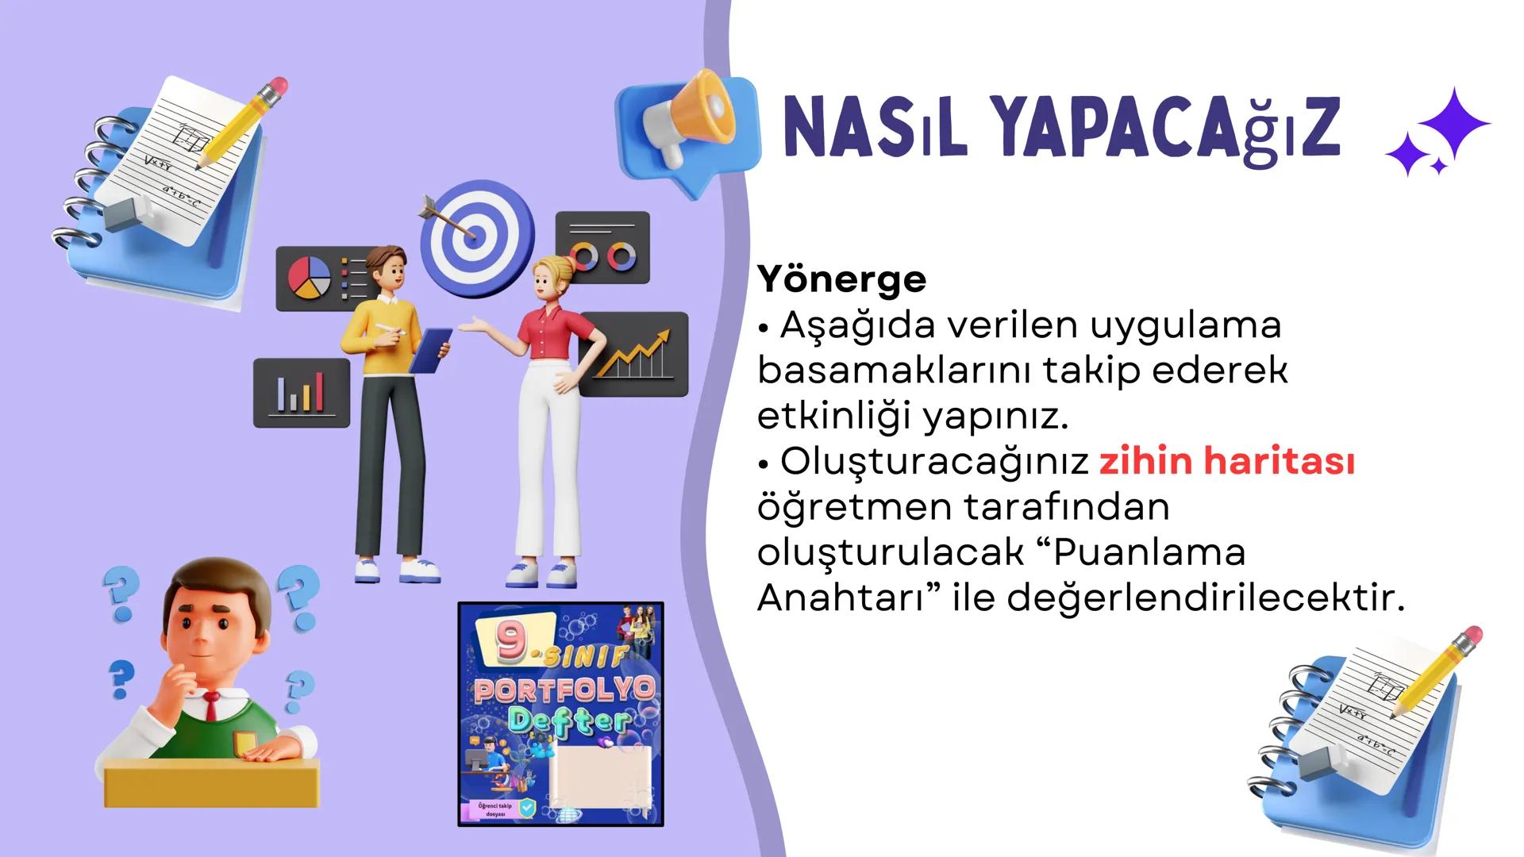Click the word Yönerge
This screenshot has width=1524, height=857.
pos(841,279)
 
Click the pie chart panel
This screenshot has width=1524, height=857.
pos(310,278)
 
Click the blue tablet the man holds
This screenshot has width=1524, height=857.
pos(433,350)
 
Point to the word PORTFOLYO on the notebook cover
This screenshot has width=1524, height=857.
pos(563,690)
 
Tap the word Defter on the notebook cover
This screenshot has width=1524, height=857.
pos(568,721)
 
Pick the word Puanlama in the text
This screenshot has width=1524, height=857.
pos(1149,552)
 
